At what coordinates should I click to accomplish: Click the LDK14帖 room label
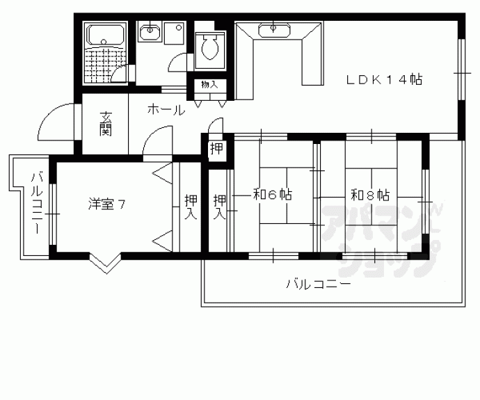coord(385,80)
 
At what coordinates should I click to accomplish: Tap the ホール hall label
coord(166,109)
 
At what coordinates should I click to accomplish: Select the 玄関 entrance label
coord(105,123)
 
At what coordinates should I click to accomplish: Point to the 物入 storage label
coord(209,85)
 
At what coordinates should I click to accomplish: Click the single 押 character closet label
coord(216,148)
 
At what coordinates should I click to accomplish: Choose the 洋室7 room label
coord(106,204)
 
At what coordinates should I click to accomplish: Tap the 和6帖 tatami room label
coord(271,195)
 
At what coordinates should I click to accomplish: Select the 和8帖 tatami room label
coord(369,195)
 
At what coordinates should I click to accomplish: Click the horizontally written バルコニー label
coord(317,284)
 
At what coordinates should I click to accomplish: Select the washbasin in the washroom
coord(149,31)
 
